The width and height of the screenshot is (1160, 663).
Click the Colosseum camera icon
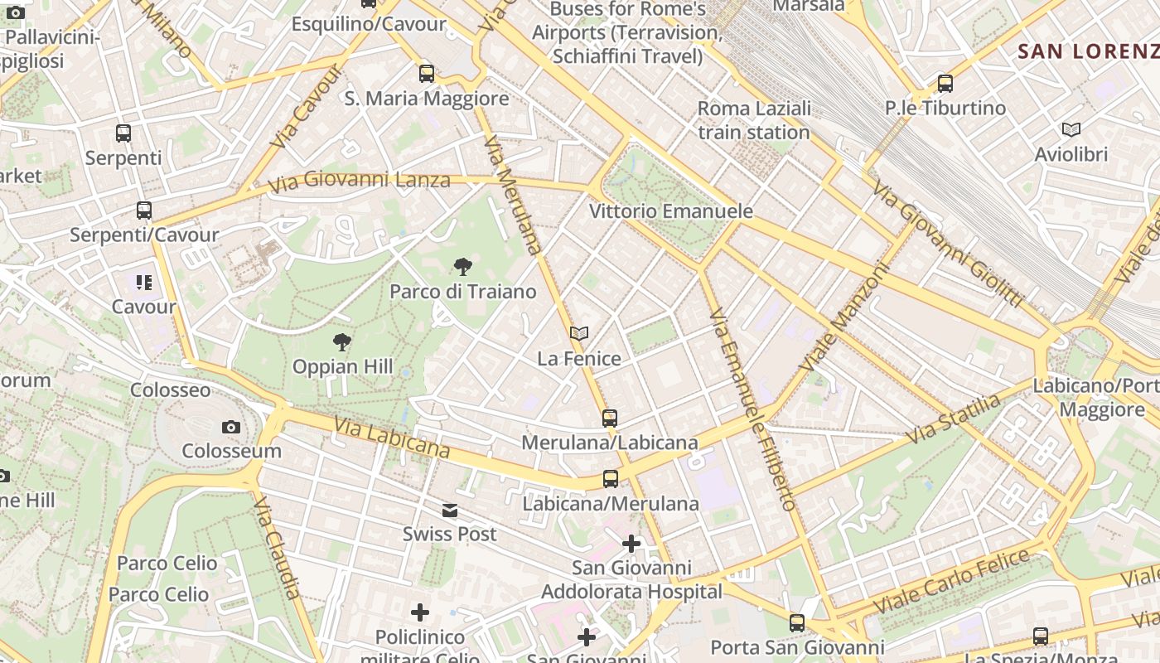231,427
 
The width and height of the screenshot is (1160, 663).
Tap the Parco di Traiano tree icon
463,266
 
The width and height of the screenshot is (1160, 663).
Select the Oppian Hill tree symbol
341,341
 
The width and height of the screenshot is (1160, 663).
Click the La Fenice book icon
579,333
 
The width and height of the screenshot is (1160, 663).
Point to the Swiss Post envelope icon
450,510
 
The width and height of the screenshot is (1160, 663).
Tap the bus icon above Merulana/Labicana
610,418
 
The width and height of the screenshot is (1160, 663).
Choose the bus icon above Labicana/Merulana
610,478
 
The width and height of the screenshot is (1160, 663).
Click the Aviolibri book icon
1071,129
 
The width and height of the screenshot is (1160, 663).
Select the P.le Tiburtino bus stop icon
945,83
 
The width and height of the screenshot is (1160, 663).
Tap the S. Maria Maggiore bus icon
427,73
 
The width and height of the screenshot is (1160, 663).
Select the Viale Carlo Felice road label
951,582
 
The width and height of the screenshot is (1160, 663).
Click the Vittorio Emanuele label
670,211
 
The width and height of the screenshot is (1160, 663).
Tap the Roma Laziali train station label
753,120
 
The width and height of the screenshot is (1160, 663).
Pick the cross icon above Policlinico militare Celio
420,612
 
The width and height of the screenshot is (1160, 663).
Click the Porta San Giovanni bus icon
796,622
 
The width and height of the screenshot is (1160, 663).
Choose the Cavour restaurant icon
144,283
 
